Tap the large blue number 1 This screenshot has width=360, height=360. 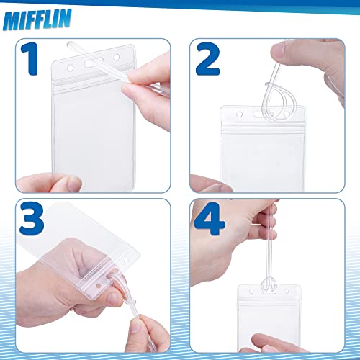point(35,59)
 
